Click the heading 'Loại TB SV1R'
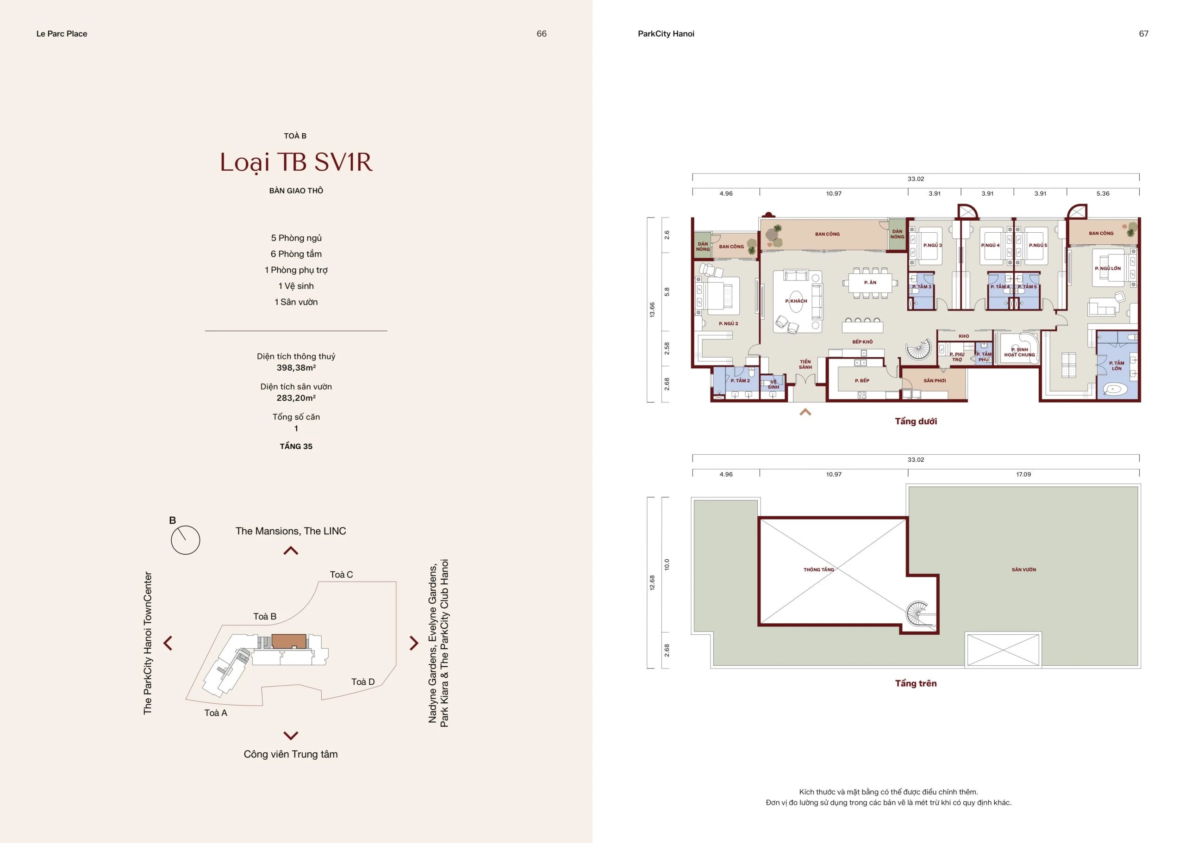click(296, 163)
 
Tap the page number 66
click(541, 34)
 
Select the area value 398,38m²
click(296, 367)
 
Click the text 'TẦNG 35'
click(296, 446)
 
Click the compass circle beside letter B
click(185, 540)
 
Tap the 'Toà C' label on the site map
click(341, 575)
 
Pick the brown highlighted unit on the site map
click(289, 640)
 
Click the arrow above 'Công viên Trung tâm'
click(291, 735)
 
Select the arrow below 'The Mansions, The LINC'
click(291, 551)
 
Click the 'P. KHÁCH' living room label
click(796, 301)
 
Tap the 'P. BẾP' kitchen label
click(862, 380)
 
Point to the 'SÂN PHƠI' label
click(935, 380)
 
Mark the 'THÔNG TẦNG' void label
click(819, 570)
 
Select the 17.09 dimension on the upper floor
click(1023, 474)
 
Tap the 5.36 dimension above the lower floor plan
click(1103, 193)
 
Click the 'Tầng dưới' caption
click(916, 421)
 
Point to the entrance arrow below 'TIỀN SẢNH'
click(805, 412)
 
